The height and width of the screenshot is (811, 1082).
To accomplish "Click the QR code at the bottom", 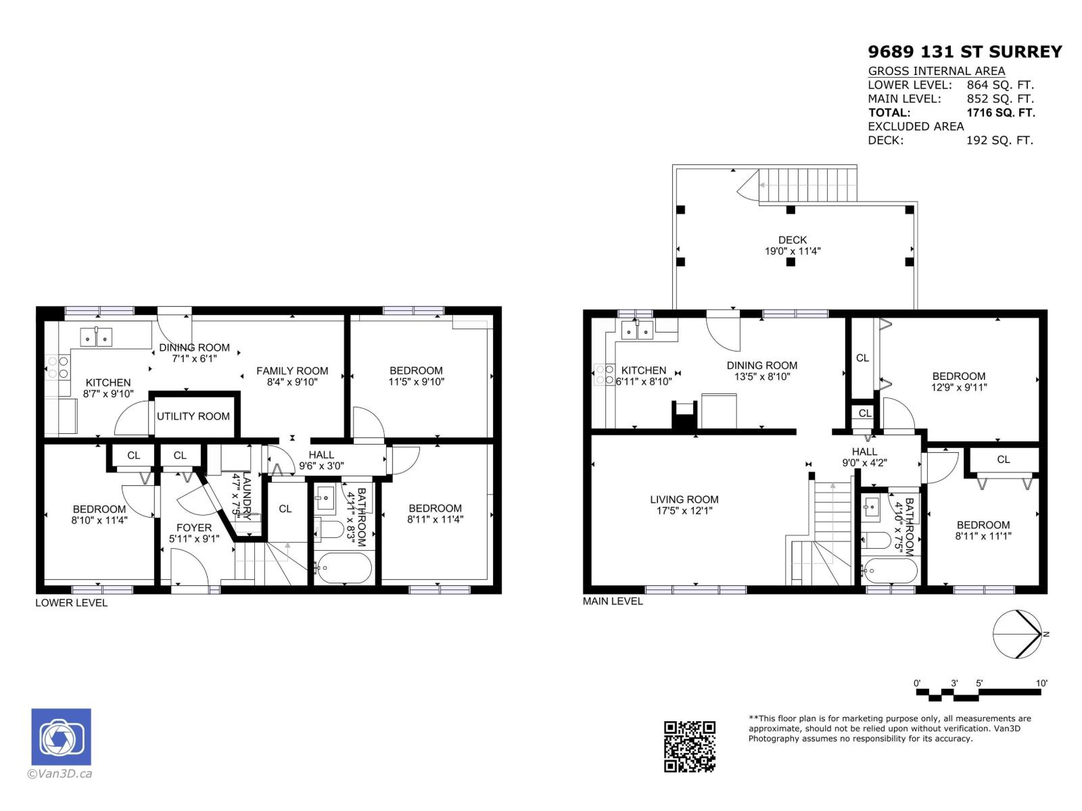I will tap(689, 746).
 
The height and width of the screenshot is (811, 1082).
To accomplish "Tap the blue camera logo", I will tap(61, 737).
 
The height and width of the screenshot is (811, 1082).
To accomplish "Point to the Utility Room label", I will tap(193, 416).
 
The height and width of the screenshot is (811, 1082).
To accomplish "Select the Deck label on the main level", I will tap(792, 240).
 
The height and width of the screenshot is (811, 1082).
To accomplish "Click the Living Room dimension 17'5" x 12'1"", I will tap(684, 511).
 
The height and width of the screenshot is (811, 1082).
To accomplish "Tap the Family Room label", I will tap(292, 370).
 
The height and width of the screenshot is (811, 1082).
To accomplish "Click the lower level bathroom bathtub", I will tap(343, 568).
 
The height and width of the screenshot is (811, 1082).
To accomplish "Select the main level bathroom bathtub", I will tap(889, 571).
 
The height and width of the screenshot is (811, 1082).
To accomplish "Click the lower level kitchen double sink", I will tap(97, 337).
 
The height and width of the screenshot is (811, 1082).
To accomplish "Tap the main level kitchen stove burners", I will tap(604, 375).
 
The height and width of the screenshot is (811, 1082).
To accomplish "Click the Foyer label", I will tap(194, 527).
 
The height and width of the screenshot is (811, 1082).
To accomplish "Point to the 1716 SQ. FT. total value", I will tap(1000, 113).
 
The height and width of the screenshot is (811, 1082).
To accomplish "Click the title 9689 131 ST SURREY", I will tap(964, 52).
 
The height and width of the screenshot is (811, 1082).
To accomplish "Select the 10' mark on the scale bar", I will tap(1041, 683).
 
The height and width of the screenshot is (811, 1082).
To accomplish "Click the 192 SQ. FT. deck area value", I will tap(999, 141).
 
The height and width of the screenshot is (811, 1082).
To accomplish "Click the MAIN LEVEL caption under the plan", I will tap(613, 601).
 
